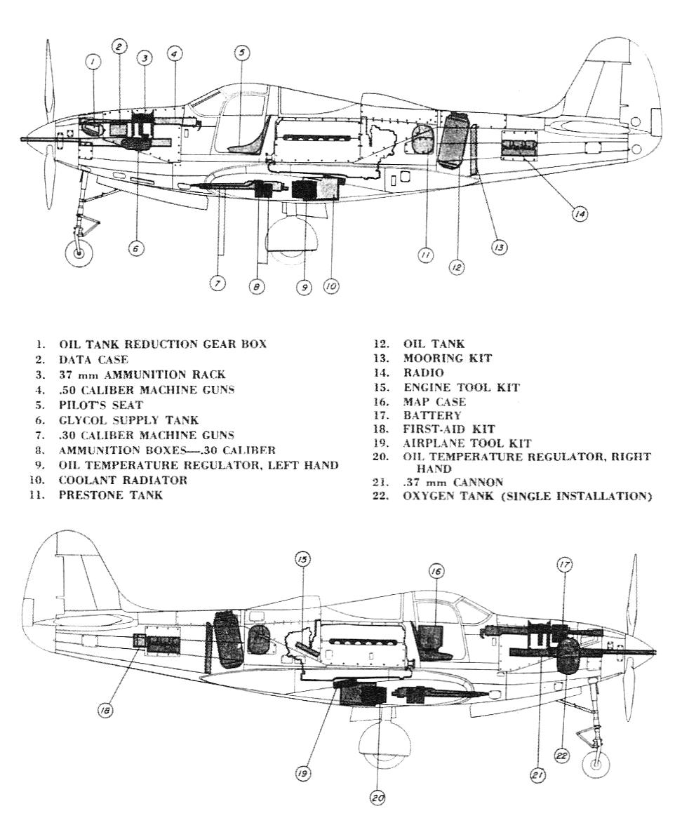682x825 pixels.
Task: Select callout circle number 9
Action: (303, 286)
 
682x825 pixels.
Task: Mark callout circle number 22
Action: (560, 755)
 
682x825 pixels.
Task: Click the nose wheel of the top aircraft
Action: (79, 253)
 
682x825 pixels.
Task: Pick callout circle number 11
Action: (424, 257)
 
